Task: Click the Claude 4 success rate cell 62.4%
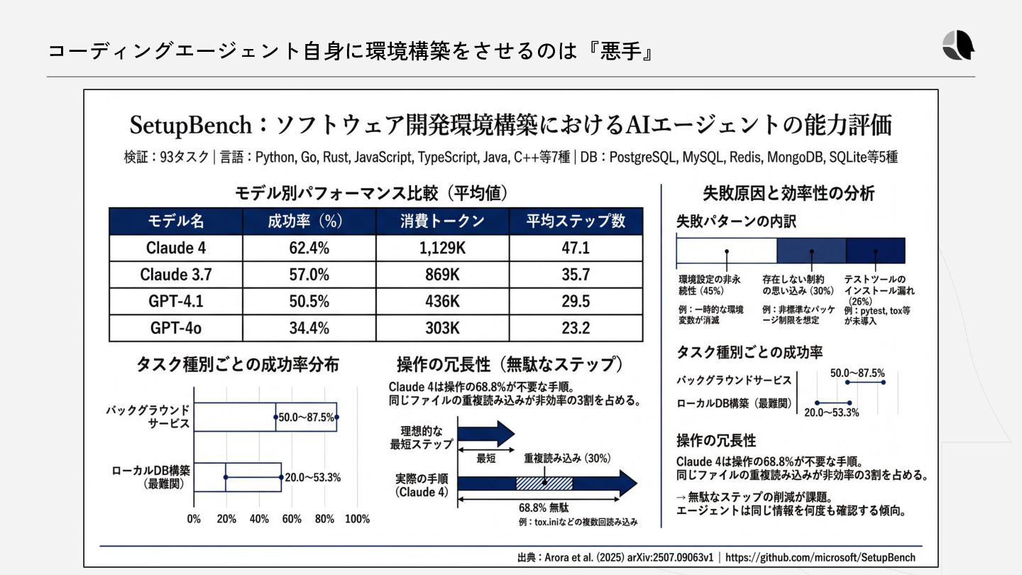click(309, 248)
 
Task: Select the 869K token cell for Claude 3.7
click(442, 275)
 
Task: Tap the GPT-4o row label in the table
click(175, 328)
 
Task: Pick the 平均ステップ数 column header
click(576, 221)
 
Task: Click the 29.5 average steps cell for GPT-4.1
click(576, 301)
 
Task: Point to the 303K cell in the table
click(442, 328)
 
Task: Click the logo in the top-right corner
click(958, 46)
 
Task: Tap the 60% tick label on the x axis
click(292, 519)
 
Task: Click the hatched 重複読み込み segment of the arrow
click(544, 483)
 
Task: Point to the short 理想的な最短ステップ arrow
click(485, 433)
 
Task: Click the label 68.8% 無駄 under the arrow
click(544, 508)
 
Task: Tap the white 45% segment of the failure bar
click(726, 251)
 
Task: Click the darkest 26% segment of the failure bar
click(875, 251)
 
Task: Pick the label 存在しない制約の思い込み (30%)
click(798, 285)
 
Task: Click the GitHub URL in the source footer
click(820, 557)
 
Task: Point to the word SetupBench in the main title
click(190, 126)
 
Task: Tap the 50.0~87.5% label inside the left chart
click(307, 417)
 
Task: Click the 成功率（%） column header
click(309, 221)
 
